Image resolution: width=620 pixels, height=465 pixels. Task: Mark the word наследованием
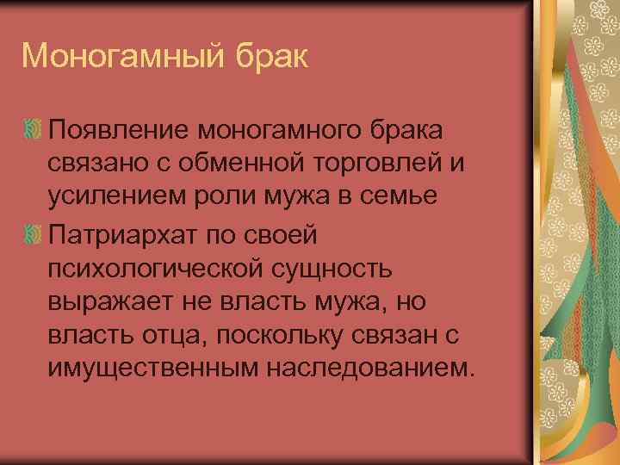369,369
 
